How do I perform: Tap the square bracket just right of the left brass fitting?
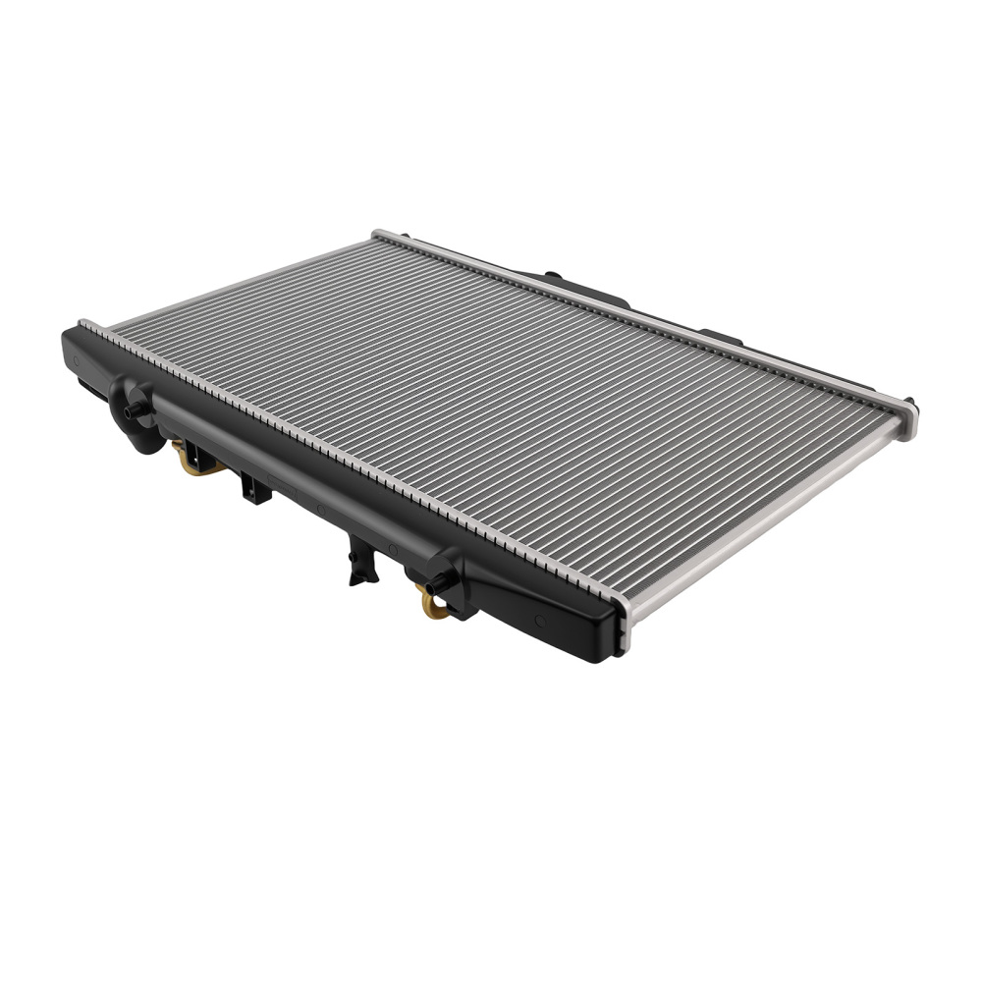coord(252,485)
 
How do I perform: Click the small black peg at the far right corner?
coord(910,402)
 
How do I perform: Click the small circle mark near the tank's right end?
coord(538,621)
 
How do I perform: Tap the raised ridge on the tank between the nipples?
coord(295,471)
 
